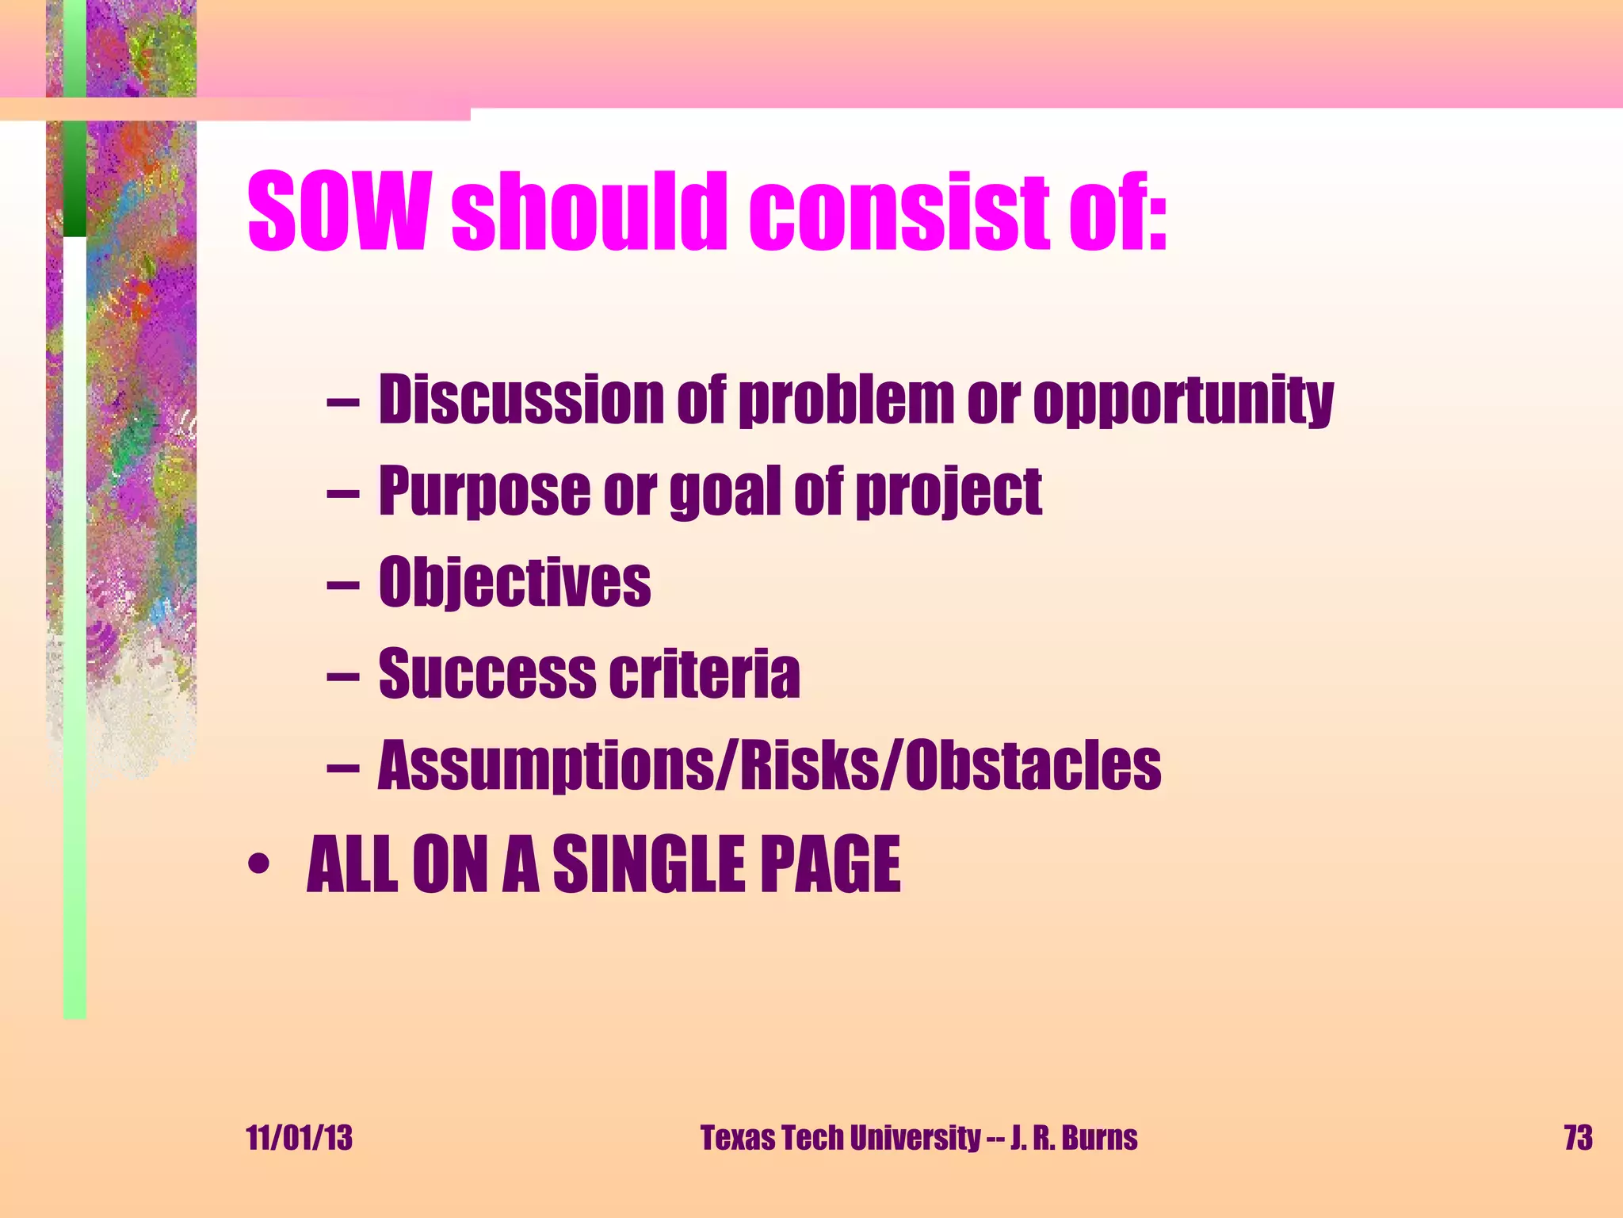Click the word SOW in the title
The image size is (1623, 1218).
pos(339,211)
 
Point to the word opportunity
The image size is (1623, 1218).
pos(1183,400)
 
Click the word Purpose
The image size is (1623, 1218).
pos(483,491)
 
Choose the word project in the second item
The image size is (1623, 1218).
pos(950,492)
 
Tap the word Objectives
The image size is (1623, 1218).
pos(514,583)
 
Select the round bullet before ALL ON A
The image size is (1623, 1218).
pos(258,864)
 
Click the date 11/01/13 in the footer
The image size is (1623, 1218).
pos(300,1138)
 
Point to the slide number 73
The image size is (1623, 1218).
pos(1578,1138)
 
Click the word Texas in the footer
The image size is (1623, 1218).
pos(738,1138)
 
